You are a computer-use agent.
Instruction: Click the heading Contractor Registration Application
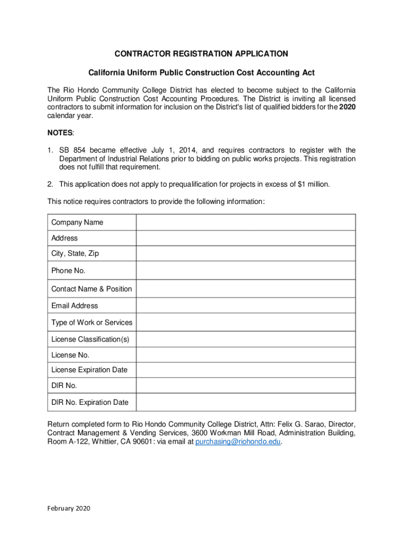pyautogui.click(x=201, y=54)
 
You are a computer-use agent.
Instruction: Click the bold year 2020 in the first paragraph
pyautogui.click(x=348, y=108)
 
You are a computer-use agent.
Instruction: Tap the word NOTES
pyautogui.click(x=61, y=133)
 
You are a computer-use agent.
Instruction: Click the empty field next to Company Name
pyautogui.click(x=246, y=222)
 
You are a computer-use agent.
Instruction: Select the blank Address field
pyautogui.click(x=246, y=238)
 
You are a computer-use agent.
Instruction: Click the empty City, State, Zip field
pyautogui.click(x=246, y=254)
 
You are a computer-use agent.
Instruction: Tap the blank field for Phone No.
pyautogui.click(x=246, y=271)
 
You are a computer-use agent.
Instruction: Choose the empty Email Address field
pyautogui.click(x=246, y=306)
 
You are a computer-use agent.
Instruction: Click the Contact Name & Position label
pyautogui.click(x=92, y=289)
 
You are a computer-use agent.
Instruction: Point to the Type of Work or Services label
pyautogui.click(x=92, y=323)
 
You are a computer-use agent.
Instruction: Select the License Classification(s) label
pyautogui.click(x=90, y=339)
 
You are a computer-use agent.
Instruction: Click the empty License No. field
pyautogui.click(x=246, y=355)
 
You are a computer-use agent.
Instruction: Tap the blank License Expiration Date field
pyautogui.click(x=246, y=370)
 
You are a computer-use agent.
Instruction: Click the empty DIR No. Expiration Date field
pyautogui.click(x=246, y=402)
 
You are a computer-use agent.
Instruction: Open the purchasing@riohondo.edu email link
pyautogui.click(x=238, y=442)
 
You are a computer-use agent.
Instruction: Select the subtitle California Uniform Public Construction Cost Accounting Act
pyautogui.click(x=201, y=72)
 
